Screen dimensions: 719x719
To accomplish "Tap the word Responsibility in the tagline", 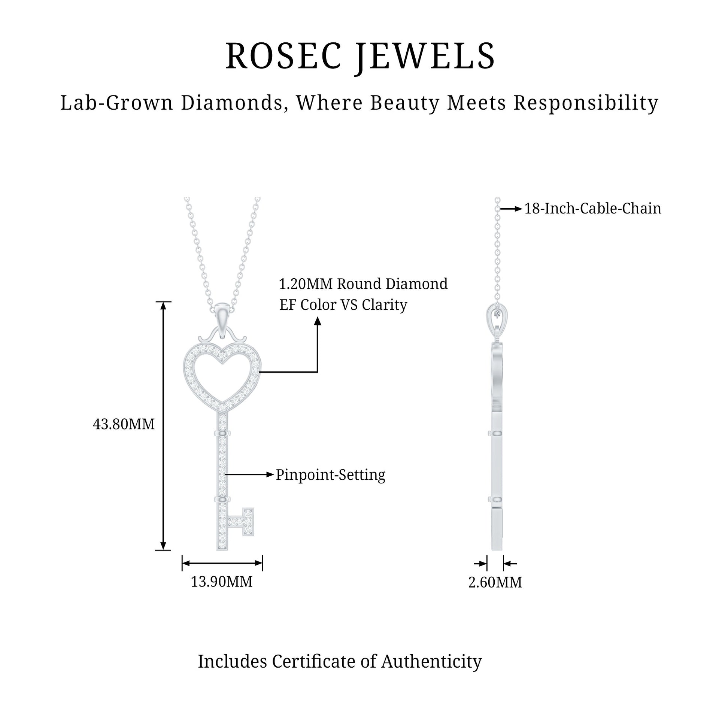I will click(x=586, y=103).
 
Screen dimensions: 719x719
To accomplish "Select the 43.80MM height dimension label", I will click(x=124, y=424).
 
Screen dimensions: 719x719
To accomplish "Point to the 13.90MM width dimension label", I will click(x=222, y=582).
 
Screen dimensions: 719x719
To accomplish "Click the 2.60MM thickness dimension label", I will click(x=495, y=582).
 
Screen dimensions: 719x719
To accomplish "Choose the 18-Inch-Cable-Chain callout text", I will click(x=592, y=209).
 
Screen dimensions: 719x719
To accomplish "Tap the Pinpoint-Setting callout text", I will click(x=330, y=475).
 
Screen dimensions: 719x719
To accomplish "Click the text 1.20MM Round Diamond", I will click(x=363, y=284).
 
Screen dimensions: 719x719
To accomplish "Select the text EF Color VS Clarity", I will click(x=343, y=305).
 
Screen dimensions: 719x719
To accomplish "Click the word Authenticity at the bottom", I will click(x=431, y=661).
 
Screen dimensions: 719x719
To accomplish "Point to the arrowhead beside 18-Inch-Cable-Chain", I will click(x=518, y=209).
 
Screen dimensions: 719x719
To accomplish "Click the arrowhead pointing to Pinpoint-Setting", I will click(x=270, y=474).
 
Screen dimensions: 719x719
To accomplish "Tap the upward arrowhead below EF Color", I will click(x=318, y=321).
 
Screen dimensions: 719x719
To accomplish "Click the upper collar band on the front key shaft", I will click(x=222, y=433).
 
